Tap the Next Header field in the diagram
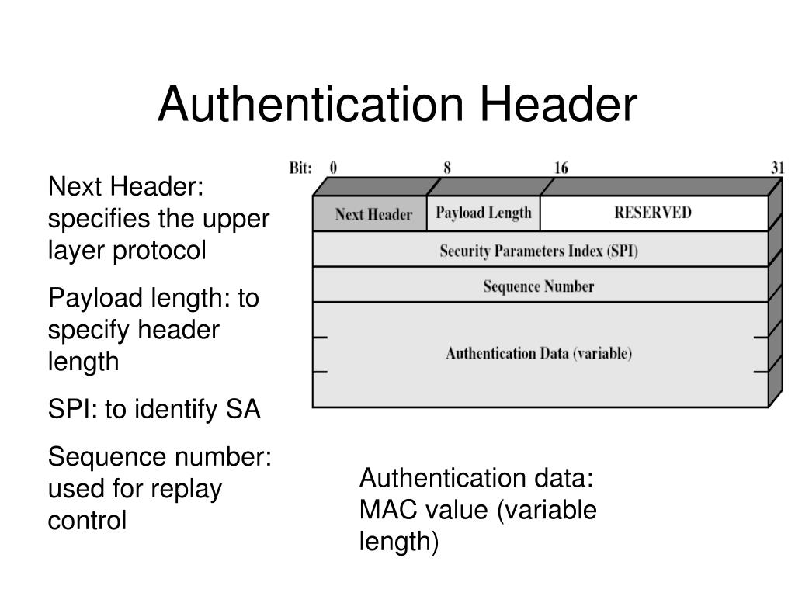click(373, 215)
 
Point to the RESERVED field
click(652, 213)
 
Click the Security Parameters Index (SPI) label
click(539, 251)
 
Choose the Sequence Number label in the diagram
click(539, 286)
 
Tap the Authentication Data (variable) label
click(539, 354)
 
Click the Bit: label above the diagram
click(300, 168)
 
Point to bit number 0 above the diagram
click(333, 168)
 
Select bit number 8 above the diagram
click(447, 168)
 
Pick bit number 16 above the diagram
click(561, 168)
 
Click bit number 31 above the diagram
click(777, 168)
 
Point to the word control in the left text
click(87, 521)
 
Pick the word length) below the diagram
click(398, 542)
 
